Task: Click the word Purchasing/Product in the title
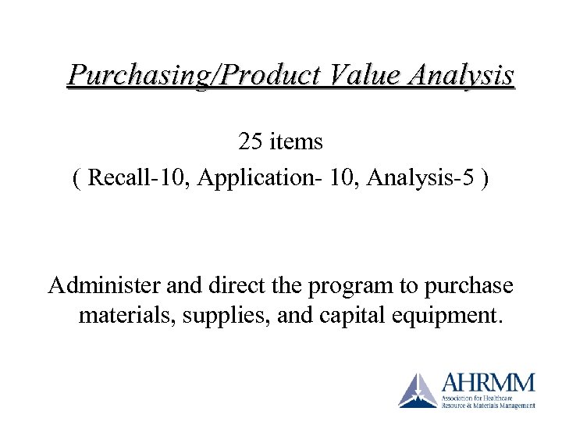click(192, 75)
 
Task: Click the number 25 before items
click(251, 141)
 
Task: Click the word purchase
click(466, 286)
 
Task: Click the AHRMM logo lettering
click(489, 384)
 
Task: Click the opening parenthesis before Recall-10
click(76, 178)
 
